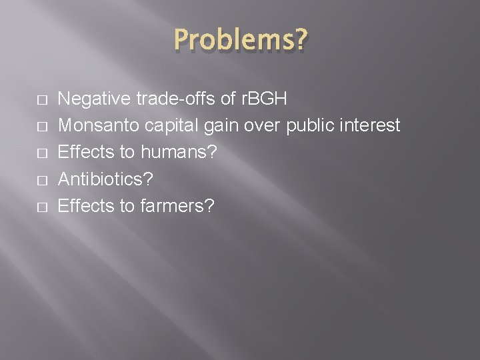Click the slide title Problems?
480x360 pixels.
coord(240,41)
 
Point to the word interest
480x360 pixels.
coord(373,125)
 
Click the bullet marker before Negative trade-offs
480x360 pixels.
coord(23,99)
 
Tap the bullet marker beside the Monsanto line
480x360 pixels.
coord(23,126)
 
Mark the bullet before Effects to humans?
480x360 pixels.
coord(23,153)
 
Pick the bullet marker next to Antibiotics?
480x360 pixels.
coord(23,179)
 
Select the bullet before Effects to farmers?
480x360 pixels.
coord(23,206)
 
